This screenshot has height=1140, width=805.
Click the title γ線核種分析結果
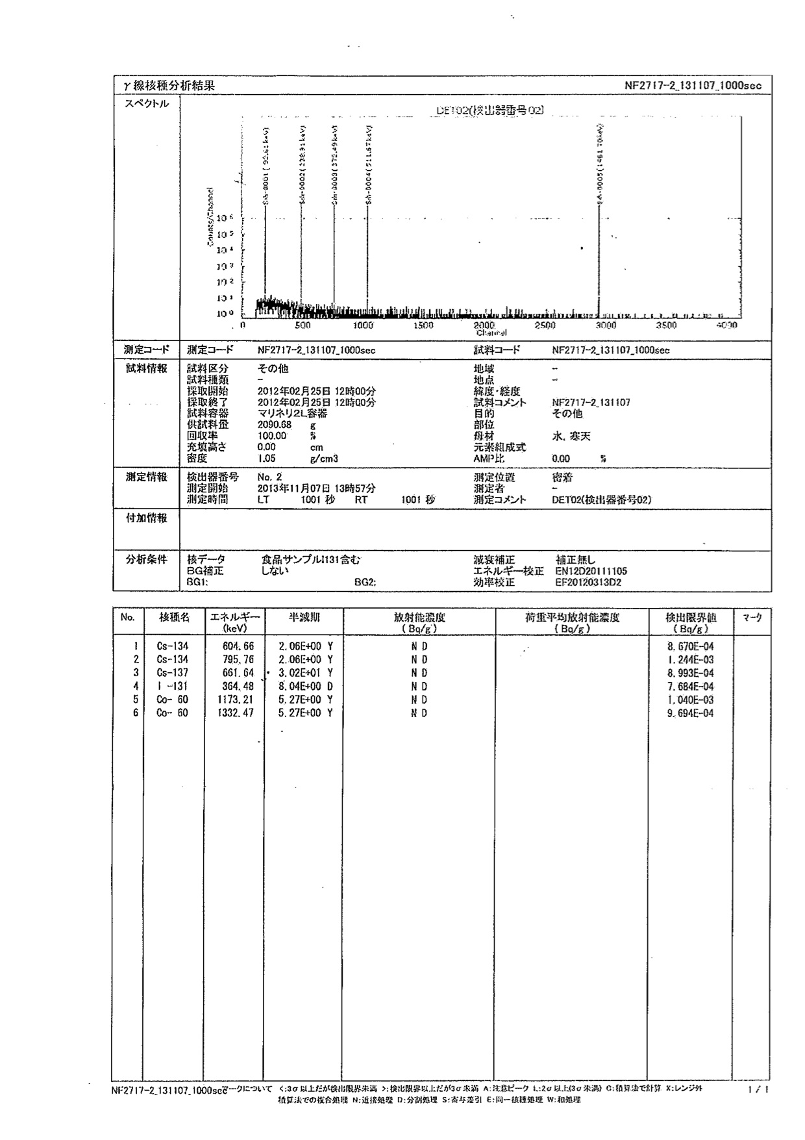pos(169,86)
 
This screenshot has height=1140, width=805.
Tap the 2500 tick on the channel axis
pos(545,325)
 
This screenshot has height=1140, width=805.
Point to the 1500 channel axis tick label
pos(423,325)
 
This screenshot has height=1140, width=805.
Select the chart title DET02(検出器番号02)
pos(486,110)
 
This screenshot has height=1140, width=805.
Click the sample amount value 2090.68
pos(275,425)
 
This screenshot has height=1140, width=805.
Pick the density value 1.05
pos(267,459)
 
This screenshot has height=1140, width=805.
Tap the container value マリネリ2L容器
pos(292,414)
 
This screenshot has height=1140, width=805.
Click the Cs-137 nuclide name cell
pos(173,673)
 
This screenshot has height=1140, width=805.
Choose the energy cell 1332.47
pos(238,713)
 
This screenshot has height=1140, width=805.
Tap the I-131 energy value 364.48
pos(239,687)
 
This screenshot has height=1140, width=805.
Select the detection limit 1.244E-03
pos(689,660)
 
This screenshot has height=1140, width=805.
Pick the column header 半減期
pos(304,618)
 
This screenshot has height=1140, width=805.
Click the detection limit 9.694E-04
pos(689,713)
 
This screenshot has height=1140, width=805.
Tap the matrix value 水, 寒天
pos(571,437)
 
